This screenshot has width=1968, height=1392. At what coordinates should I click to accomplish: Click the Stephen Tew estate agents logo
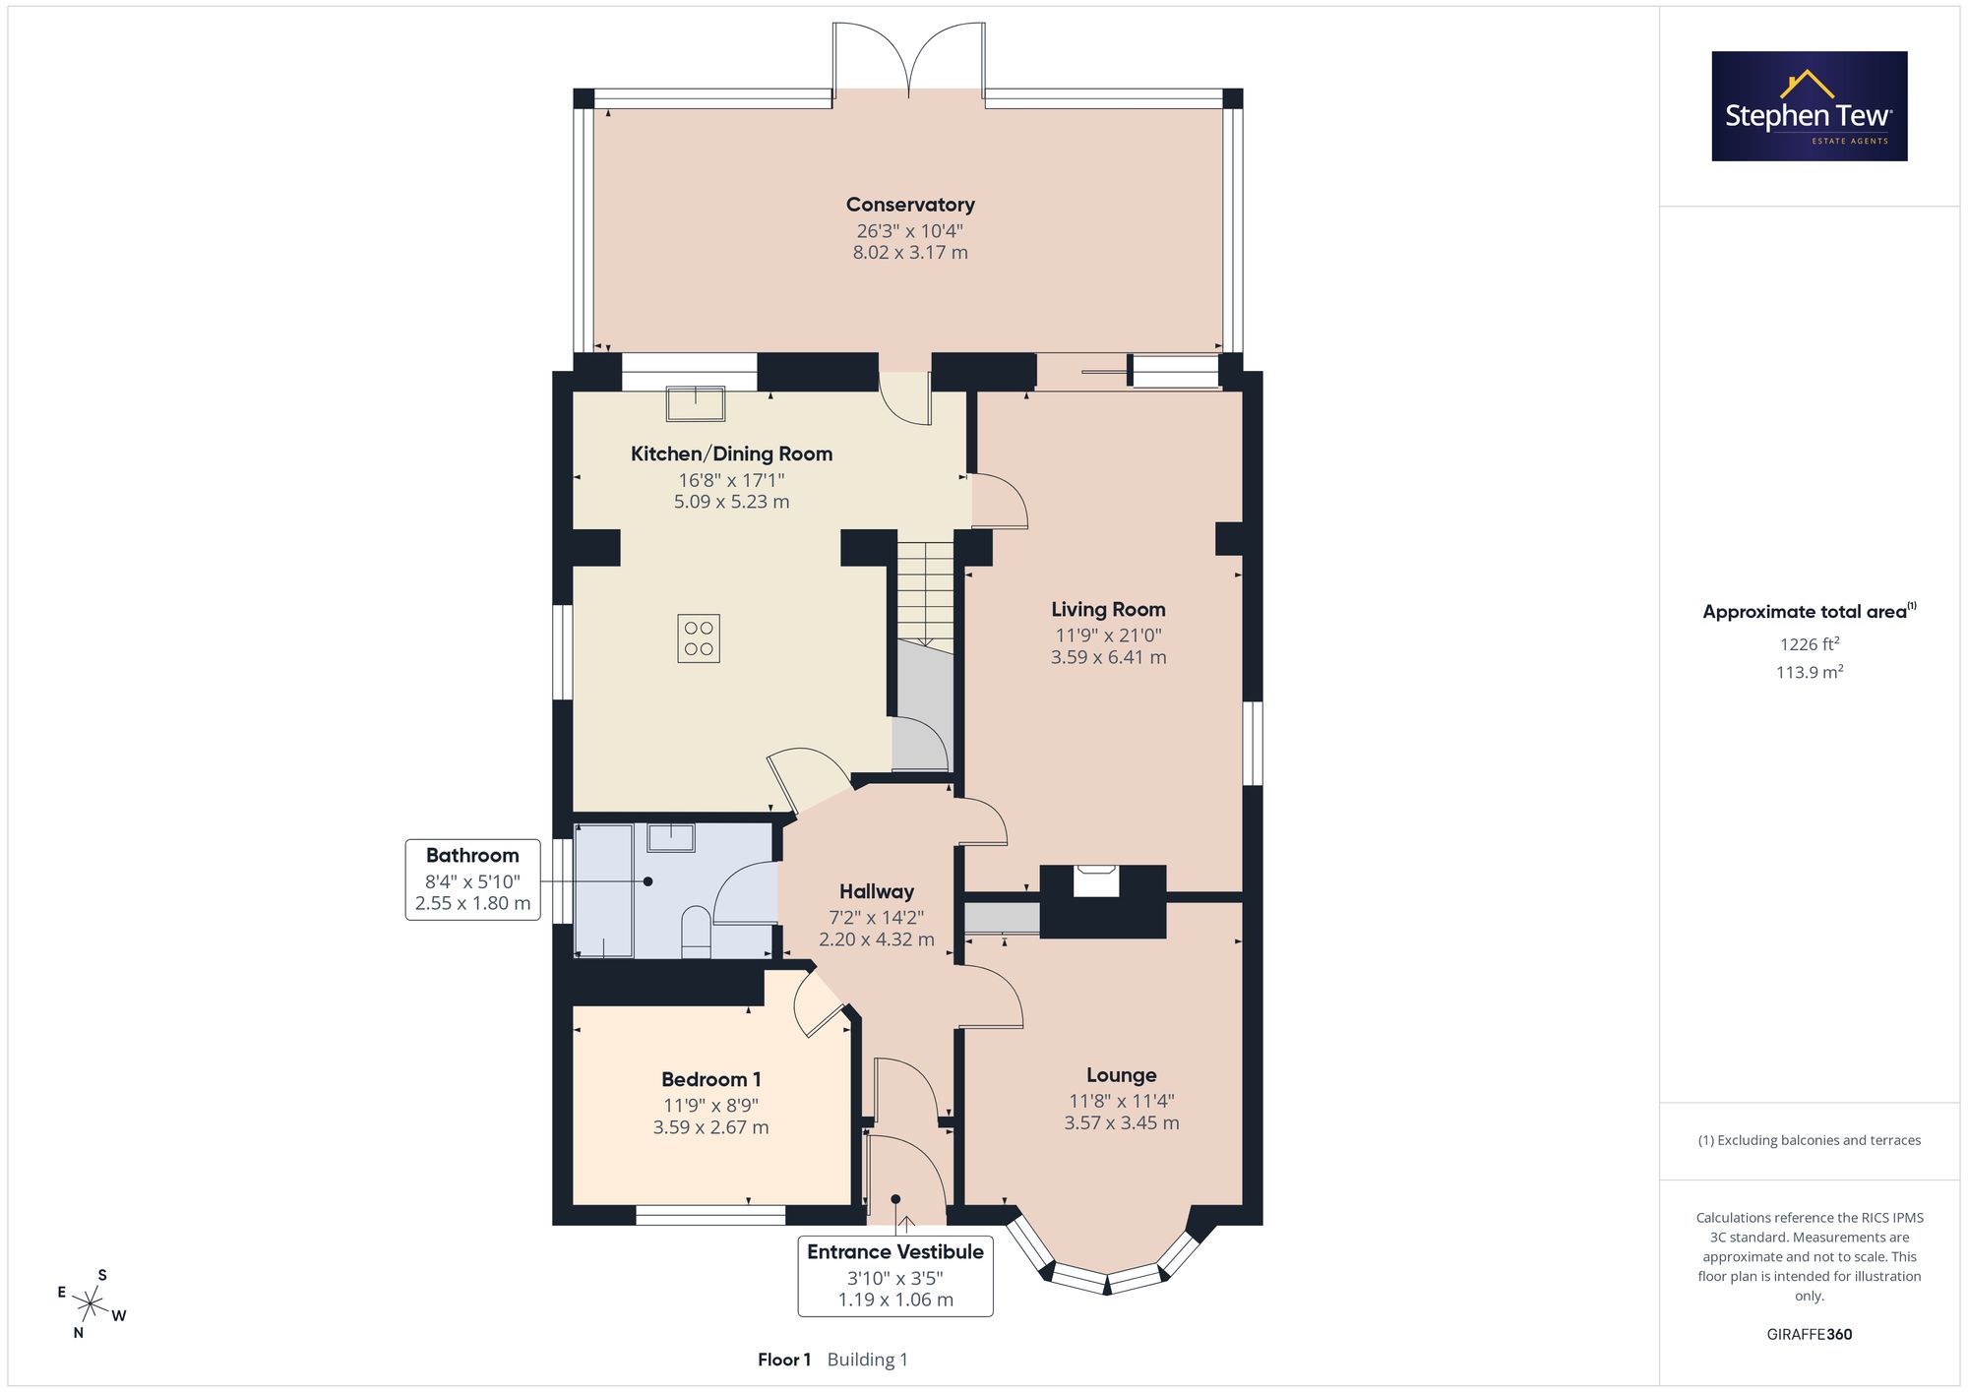[1810, 106]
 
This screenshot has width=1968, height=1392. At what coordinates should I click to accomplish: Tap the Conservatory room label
[910, 205]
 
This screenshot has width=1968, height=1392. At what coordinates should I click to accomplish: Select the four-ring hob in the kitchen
[699, 637]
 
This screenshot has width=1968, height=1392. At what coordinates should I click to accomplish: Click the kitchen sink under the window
[696, 403]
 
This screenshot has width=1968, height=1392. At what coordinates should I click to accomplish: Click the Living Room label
[1108, 610]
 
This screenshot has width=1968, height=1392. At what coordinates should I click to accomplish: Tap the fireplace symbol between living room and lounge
[1095, 880]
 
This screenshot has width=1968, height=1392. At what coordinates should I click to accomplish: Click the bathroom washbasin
[671, 838]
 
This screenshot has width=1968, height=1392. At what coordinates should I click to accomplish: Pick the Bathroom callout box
[473, 879]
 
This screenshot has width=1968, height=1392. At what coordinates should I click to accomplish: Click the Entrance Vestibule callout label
[895, 1252]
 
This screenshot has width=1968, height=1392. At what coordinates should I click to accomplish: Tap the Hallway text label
[877, 891]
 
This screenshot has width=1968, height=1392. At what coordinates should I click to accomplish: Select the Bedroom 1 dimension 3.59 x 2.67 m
[711, 1127]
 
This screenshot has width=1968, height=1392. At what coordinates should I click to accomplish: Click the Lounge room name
[1122, 1075]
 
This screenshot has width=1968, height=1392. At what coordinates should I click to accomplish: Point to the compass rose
[91, 1305]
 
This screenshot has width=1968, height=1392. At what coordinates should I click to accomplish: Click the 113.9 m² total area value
[1810, 672]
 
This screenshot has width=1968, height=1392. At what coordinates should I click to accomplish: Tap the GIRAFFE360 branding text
[1810, 1335]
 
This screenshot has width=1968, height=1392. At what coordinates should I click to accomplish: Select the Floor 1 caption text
[784, 1360]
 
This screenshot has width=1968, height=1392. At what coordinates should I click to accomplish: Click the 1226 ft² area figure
[1810, 644]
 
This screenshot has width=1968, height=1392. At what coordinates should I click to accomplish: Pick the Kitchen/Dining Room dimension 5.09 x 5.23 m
[732, 502]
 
